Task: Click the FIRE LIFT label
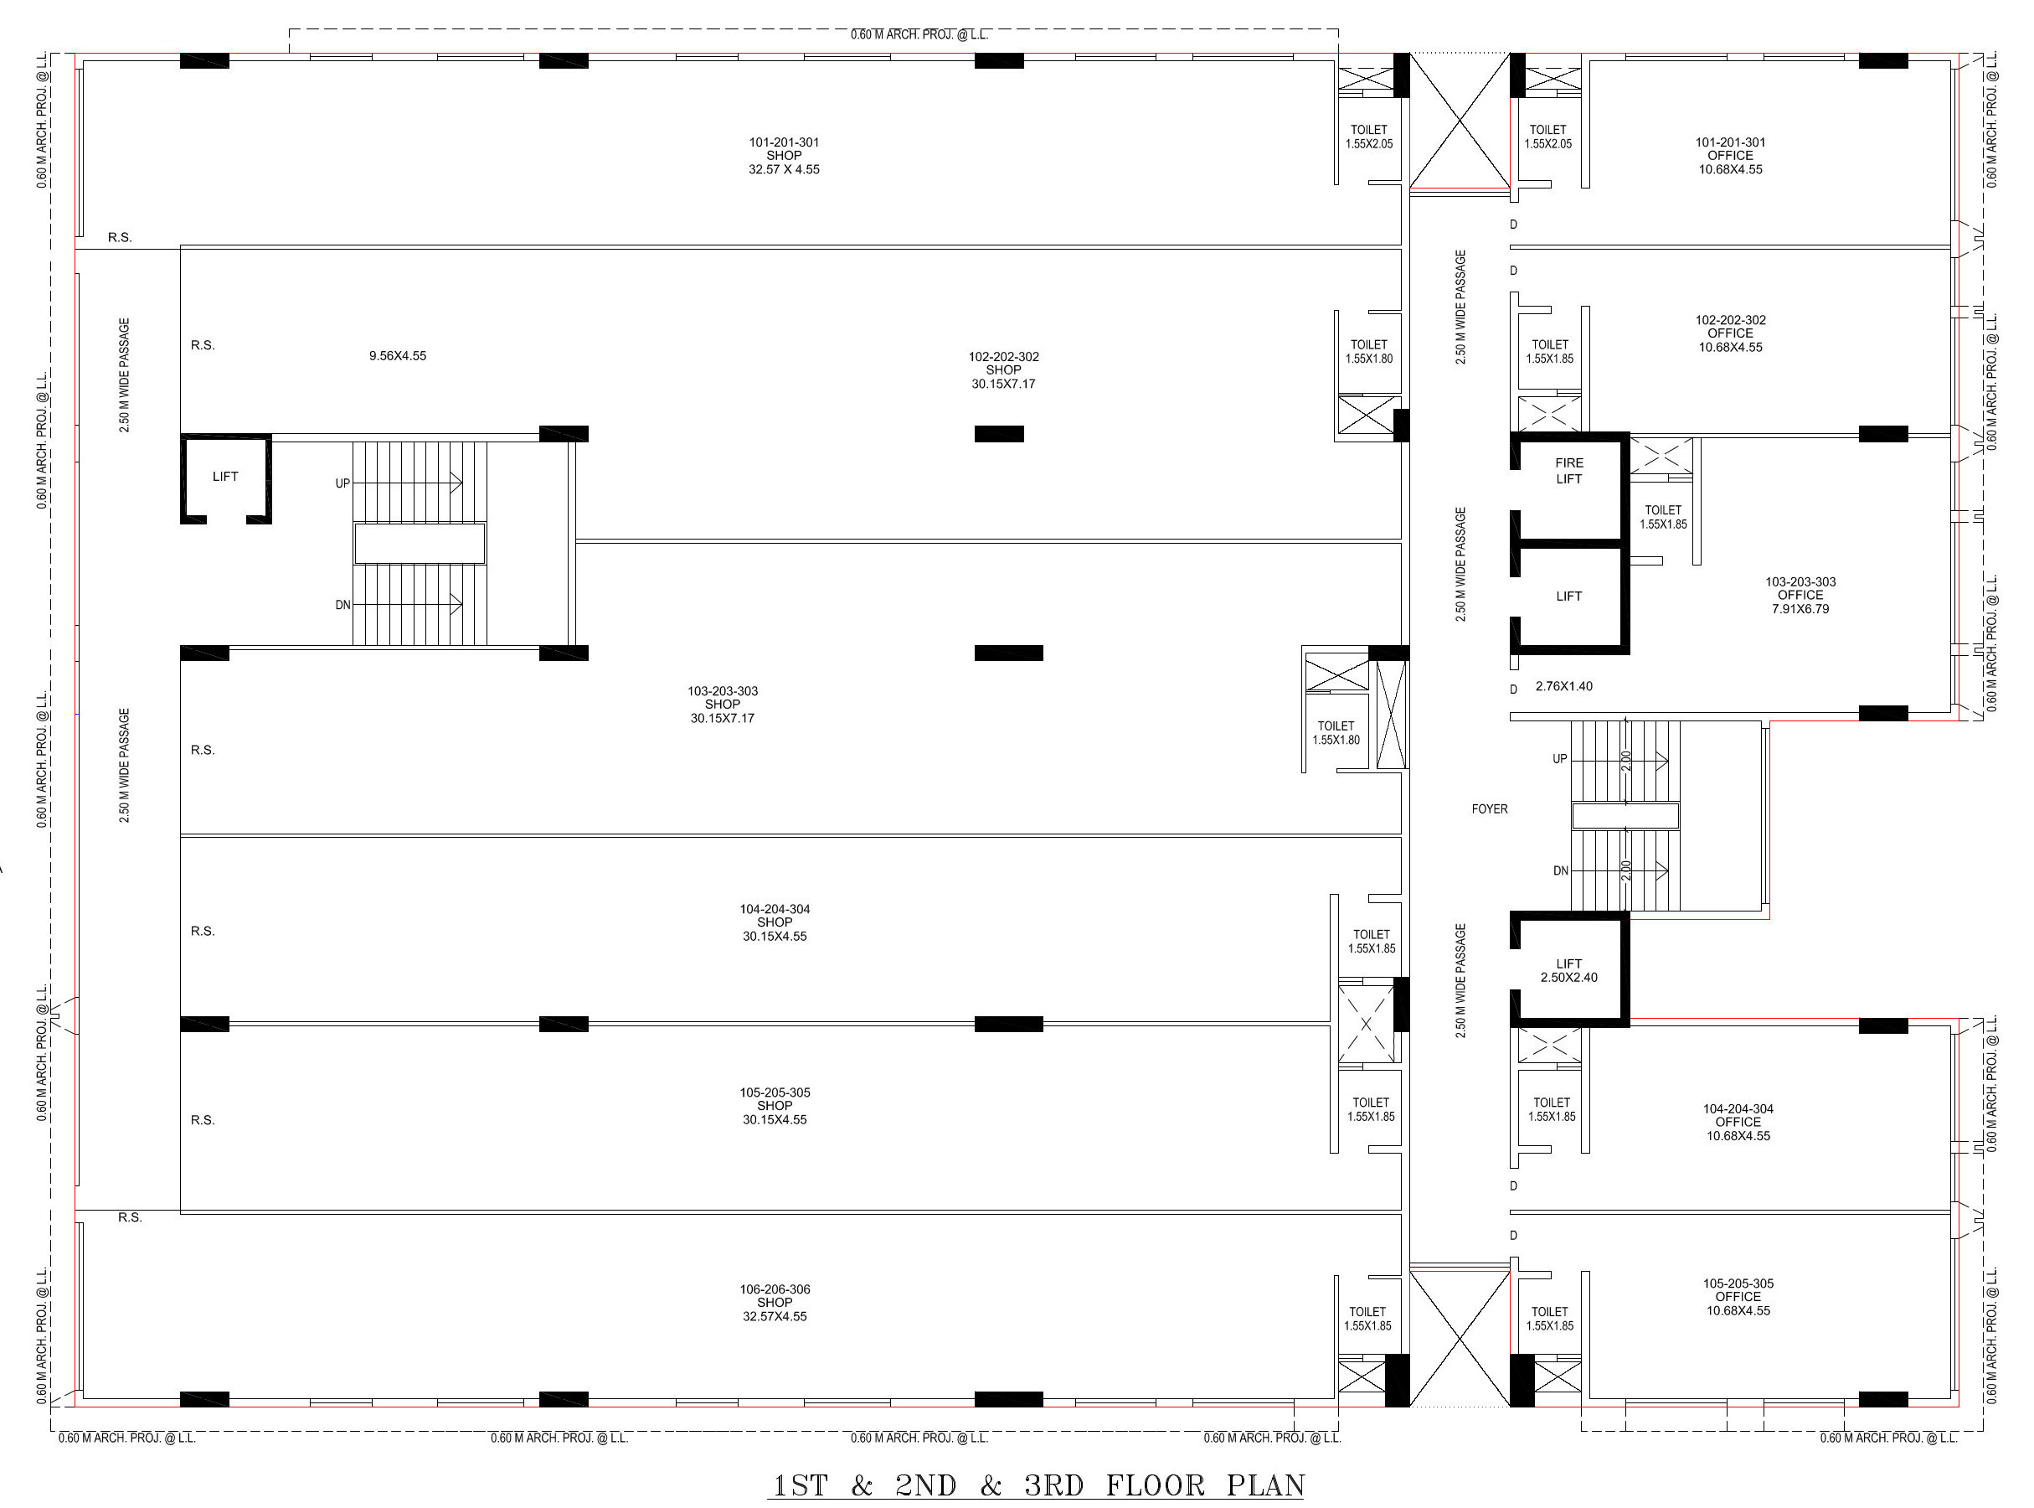pyautogui.click(x=1568, y=471)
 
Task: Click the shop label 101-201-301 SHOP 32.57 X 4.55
pyautogui.click(x=784, y=156)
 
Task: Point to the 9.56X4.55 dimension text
pyautogui.click(x=397, y=356)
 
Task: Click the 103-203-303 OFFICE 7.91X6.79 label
pyautogui.click(x=1800, y=595)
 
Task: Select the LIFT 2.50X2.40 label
pyautogui.click(x=1568, y=970)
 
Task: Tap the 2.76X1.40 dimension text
pyautogui.click(x=1563, y=686)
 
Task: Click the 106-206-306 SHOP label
pyautogui.click(x=775, y=1303)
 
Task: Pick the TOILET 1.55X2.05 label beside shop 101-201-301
pyautogui.click(x=1369, y=137)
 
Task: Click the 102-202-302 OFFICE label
pyautogui.click(x=1730, y=333)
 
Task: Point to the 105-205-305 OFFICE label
pyautogui.click(x=1738, y=1296)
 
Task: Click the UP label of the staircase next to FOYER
pyautogui.click(x=1559, y=758)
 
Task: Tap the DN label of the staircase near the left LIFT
pyautogui.click(x=343, y=605)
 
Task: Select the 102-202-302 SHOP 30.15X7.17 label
pyautogui.click(x=1003, y=369)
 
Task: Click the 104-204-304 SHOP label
pyautogui.click(x=775, y=922)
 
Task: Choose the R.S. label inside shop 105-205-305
pyautogui.click(x=203, y=1120)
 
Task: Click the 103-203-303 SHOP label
pyautogui.click(x=722, y=705)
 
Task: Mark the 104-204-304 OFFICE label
pyautogui.click(x=1738, y=1122)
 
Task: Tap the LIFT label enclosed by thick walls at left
pyautogui.click(x=224, y=477)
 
